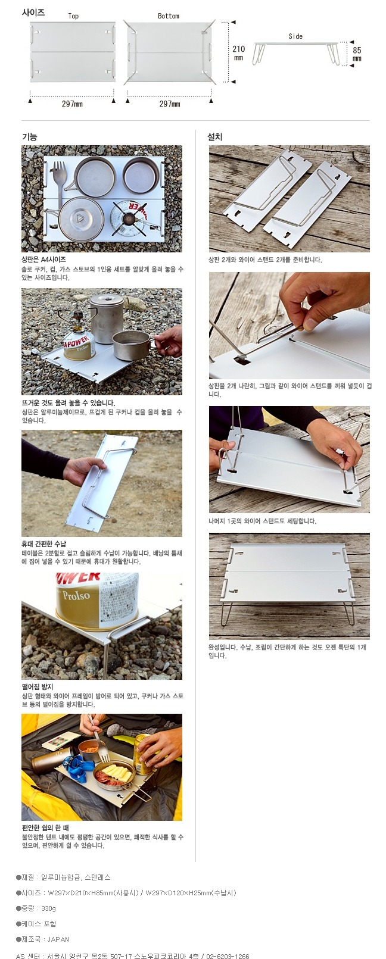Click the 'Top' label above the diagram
73,16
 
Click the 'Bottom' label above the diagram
169,16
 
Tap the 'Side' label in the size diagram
295,36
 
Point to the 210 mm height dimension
239,52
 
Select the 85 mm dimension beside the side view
357,54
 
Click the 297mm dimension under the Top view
73,104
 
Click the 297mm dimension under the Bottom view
170,104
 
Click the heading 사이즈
33,13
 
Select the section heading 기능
30,137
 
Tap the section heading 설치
215,137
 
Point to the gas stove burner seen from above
127,219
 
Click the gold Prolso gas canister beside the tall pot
79,346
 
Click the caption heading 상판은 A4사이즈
43,260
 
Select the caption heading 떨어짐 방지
38,687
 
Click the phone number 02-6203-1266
228,955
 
